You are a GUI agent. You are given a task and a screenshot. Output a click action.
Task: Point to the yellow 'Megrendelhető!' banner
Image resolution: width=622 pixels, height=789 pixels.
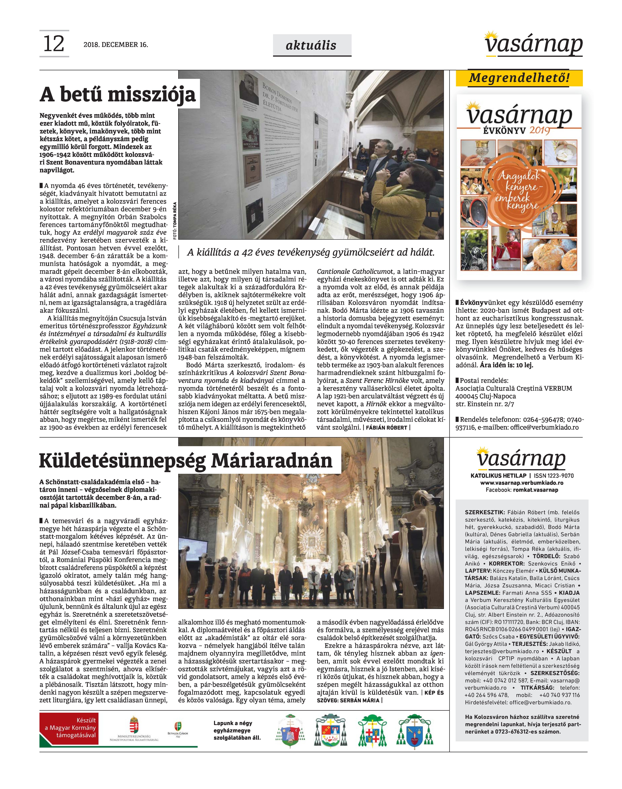(519, 78)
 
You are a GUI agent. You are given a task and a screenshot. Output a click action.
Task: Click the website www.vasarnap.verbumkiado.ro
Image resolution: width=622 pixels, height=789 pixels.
(522, 483)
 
